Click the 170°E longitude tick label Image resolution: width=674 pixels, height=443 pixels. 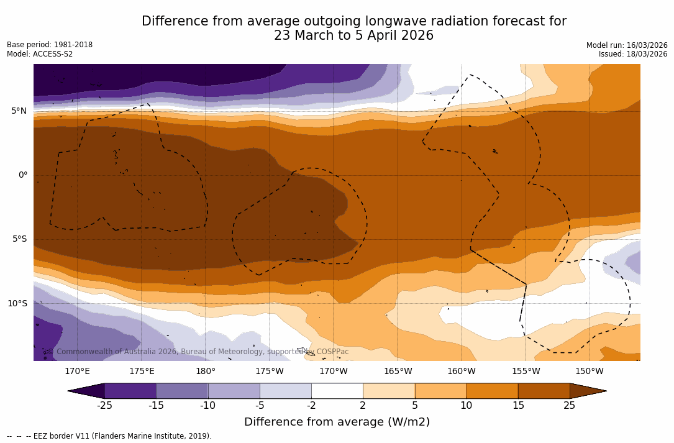78,372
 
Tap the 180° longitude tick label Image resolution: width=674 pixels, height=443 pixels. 206,372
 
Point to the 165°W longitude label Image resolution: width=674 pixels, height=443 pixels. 398,372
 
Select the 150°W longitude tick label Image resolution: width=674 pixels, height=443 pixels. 590,372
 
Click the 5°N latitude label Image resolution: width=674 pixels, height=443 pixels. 19,111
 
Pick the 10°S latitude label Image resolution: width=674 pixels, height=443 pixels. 17,304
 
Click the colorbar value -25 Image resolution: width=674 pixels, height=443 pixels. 104,406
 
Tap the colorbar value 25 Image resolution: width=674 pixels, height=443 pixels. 569,406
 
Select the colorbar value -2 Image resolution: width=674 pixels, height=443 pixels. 311,406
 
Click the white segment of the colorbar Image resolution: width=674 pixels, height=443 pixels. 337,391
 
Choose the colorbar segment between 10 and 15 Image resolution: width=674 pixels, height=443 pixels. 492,391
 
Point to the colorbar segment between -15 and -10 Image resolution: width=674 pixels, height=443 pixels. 182,391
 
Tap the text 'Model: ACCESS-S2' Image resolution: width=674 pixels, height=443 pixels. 40,54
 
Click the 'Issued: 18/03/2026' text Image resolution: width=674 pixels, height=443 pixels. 633,54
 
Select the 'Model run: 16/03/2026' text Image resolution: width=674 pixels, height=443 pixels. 627,45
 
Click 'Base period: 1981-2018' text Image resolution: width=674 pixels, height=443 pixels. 50,45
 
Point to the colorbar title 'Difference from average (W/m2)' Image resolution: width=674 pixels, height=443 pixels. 337,422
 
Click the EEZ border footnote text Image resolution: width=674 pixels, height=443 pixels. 109,436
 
